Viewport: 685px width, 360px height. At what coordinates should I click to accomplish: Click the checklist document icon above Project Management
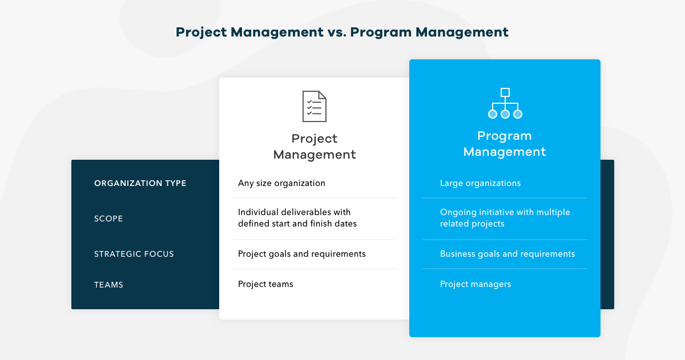pos(314,106)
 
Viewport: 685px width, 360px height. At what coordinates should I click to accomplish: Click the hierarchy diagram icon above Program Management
pos(505,104)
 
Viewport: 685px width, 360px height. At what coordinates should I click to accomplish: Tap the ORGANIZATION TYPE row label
pos(140,183)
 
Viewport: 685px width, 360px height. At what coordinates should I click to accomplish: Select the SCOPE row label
pos(108,219)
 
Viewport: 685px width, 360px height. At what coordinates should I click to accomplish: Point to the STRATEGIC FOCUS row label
pos(134,254)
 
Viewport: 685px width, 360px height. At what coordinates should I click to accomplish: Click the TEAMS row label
pos(108,285)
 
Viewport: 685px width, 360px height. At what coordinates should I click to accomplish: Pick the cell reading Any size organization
pos(281,183)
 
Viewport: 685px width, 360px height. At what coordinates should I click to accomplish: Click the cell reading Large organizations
pos(480,183)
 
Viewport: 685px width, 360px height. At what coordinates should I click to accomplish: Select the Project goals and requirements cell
pos(301,254)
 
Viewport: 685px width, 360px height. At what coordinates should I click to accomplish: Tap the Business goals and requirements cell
pos(507,254)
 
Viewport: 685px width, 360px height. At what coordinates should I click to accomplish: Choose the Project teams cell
pos(265,284)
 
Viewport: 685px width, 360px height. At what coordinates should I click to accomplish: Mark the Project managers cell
pos(475,284)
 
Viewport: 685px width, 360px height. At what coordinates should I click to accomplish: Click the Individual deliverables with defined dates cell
pos(297,218)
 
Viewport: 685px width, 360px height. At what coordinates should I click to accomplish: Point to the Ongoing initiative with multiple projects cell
pos(505,218)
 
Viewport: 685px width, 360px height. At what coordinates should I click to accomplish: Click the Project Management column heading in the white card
pos(315,147)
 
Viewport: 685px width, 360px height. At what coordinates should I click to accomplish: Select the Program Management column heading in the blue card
pos(505,144)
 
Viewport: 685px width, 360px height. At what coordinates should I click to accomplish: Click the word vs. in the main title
pos(337,32)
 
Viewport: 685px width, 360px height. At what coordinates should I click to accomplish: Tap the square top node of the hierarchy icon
pos(505,92)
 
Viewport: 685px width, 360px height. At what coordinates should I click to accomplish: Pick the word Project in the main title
pos(200,32)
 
